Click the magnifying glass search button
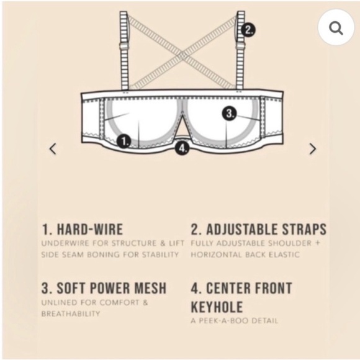336,28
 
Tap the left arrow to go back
53,149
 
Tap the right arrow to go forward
312,149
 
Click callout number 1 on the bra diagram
124,142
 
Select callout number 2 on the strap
248,29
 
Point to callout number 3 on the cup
230,114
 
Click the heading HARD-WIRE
82,229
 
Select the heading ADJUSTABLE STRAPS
258,229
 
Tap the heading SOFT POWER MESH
104,288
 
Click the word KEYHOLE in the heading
217,307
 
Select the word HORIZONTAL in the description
220,254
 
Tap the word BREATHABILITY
70,313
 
